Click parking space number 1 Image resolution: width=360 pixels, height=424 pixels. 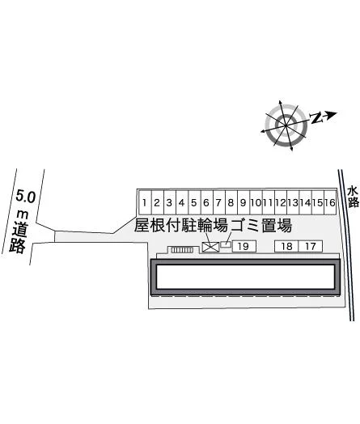[145, 202]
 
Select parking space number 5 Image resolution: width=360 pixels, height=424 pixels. [194, 202]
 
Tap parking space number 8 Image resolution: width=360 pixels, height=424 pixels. [231, 202]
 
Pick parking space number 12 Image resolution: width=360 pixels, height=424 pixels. [281, 202]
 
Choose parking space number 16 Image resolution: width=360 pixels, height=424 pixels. [330, 202]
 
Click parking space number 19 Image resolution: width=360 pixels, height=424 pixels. [244, 246]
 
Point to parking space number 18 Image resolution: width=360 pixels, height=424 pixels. [286, 246]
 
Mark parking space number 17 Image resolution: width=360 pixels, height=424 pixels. [311, 246]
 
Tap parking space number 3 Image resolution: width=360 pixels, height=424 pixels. [169, 202]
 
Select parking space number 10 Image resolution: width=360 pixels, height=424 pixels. [256, 202]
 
